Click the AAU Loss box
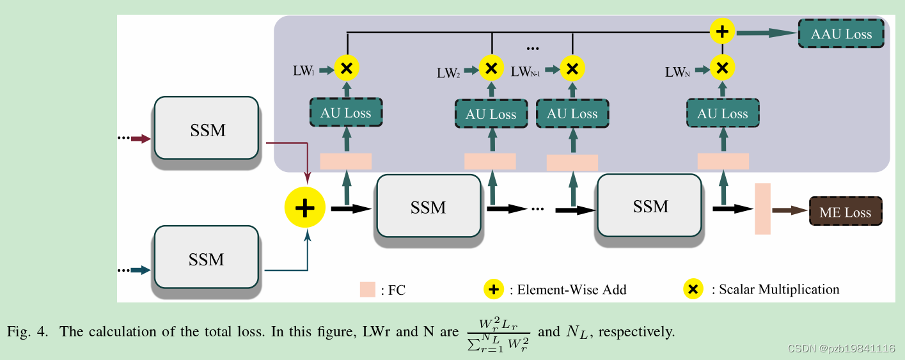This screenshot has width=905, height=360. [x=841, y=33]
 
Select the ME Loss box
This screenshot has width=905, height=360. [x=845, y=212]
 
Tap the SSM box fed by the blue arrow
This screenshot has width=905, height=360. [x=206, y=259]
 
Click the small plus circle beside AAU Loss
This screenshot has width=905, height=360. [x=723, y=31]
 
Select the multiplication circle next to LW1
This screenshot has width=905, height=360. [x=347, y=68]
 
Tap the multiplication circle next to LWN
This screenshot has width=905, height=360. [x=722, y=67]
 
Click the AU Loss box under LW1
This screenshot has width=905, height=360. [x=346, y=113]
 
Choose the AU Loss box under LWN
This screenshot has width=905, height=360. [x=722, y=114]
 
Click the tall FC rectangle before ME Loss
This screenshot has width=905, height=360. [x=762, y=208]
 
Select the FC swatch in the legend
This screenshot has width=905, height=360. [x=367, y=290]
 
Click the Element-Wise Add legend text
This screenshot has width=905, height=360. [x=567, y=290]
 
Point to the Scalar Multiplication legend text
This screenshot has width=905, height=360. [x=778, y=289]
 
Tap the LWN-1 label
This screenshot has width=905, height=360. [x=526, y=72]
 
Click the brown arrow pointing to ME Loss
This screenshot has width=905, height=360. [x=789, y=209]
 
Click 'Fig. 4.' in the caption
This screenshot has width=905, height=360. [x=29, y=333]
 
